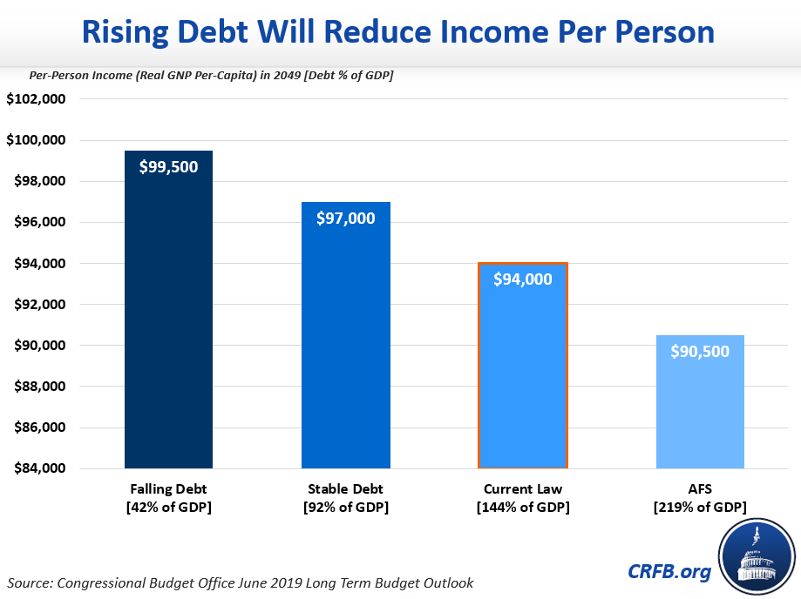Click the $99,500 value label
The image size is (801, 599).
coord(169,167)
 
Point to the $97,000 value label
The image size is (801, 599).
coord(346,218)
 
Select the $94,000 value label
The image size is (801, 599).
coord(523,279)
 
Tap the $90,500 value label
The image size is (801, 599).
coord(700,352)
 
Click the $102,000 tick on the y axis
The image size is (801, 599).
coord(37,99)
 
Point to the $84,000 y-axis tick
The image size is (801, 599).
coord(37,468)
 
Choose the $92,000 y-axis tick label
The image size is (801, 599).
coord(37,305)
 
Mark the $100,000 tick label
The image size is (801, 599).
coord(37,140)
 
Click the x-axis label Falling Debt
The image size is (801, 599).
coord(168,488)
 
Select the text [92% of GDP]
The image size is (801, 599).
coord(346,507)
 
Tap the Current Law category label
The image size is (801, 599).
coord(523,488)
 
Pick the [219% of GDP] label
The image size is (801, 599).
coord(700,507)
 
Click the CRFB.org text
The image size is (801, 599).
coord(669,571)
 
